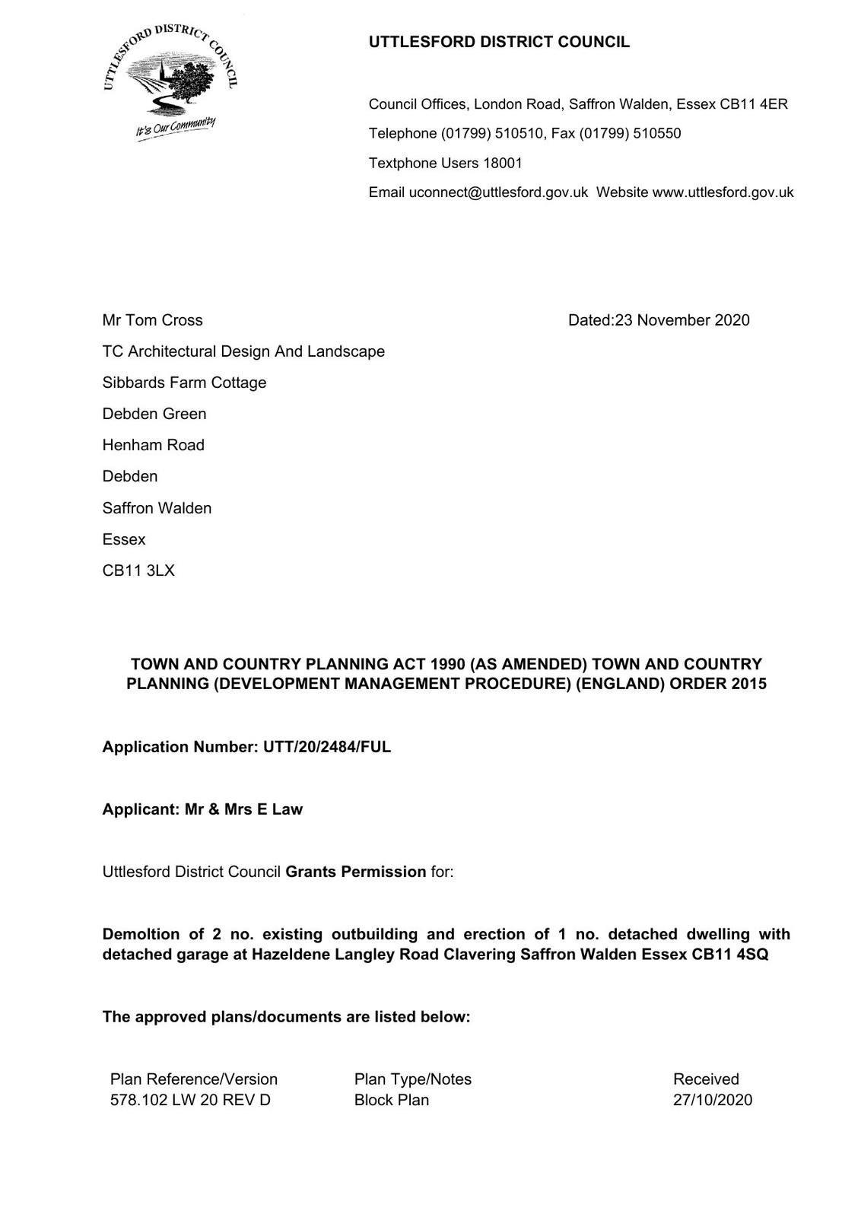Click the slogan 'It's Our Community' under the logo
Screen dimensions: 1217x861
176,129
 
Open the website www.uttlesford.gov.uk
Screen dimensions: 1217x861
723,192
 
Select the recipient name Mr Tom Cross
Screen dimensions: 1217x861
152,320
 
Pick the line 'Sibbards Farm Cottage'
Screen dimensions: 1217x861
184,383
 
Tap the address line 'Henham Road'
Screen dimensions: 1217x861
153,445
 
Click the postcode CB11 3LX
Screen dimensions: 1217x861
138,570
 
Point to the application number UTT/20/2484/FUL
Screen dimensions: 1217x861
327,747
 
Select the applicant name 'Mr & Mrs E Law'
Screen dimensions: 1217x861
243,809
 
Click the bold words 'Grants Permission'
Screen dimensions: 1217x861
355,872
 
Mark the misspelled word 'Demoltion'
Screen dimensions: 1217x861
141,934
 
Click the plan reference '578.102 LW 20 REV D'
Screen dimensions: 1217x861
190,1100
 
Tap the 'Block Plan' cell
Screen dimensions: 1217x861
391,1100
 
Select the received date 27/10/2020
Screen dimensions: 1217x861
712,1100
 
